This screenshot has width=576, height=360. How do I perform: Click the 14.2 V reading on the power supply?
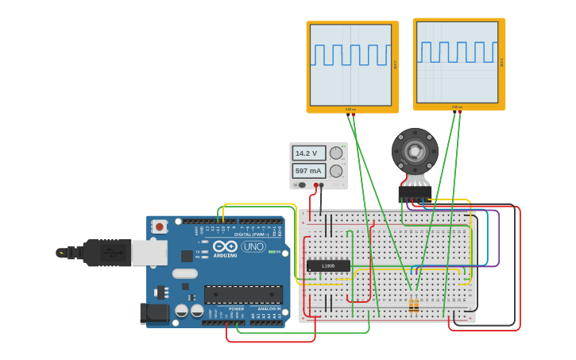point(307,153)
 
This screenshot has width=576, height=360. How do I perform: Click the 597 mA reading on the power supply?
point(307,171)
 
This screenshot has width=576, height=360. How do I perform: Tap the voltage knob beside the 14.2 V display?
point(336,153)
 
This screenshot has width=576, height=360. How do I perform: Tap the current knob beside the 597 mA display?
point(336,171)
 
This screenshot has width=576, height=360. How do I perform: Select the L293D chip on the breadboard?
point(328,265)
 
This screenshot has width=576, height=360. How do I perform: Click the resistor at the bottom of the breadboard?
point(413,305)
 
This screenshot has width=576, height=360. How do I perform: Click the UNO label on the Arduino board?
point(253,246)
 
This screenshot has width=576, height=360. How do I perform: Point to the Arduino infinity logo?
point(224,246)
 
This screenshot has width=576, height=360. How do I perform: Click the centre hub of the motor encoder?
point(414,151)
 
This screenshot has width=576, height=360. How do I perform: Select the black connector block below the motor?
point(415,192)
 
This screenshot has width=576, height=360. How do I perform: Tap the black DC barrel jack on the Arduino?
point(155,313)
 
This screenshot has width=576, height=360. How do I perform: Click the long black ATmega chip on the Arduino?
point(243,294)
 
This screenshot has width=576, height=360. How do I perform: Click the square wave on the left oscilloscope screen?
point(350,55)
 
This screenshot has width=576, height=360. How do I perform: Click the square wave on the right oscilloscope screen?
point(457,52)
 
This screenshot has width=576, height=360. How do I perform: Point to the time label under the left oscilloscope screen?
point(350,110)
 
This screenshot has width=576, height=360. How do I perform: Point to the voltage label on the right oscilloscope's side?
point(501,62)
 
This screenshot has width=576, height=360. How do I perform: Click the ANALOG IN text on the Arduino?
point(269,309)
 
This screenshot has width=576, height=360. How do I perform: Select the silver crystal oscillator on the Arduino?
point(184,274)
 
